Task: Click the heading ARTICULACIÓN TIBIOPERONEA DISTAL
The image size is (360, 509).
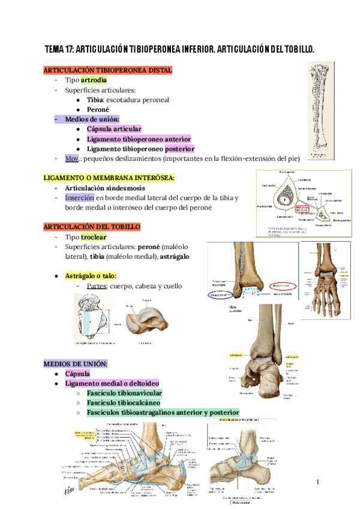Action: [108, 70]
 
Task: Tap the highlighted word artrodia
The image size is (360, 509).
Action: [94, 80]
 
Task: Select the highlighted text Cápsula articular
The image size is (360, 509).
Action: [114, 129]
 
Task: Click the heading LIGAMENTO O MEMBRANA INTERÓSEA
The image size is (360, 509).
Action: [109, 178]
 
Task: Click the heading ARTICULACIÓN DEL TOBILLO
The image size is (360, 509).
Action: [92, 227]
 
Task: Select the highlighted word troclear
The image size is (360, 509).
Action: [94, 237]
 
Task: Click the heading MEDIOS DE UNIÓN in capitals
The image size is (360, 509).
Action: [76, 364]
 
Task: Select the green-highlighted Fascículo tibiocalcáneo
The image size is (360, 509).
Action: [123, 403]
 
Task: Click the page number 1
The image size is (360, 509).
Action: [319, 483]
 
